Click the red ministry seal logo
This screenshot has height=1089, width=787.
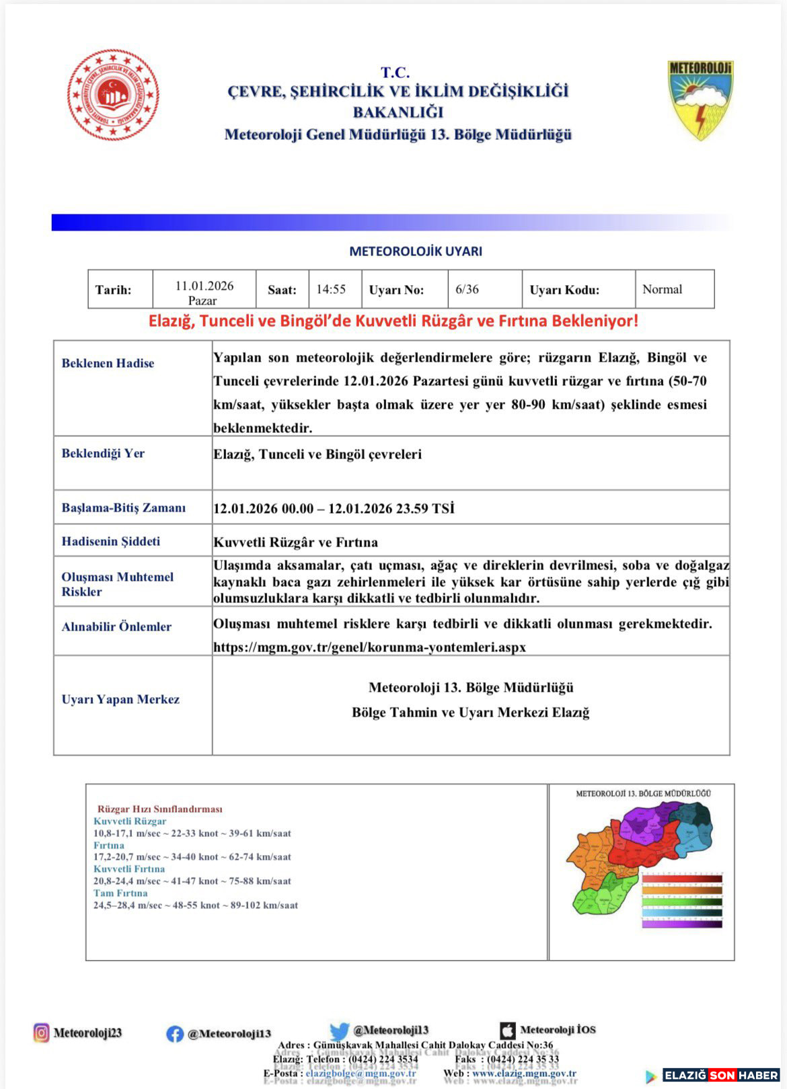click(112, 94)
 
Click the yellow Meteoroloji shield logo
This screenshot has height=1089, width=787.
click(700, 99)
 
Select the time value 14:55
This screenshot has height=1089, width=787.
click(331, 289)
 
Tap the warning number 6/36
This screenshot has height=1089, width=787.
click(467, 289)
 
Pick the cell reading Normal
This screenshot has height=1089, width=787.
click(662, 289)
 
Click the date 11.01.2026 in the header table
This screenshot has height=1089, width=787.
click(204, 286)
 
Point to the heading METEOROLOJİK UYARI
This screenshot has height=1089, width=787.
click(415, 251)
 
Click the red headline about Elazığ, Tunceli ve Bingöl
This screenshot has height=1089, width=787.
click(393, 321)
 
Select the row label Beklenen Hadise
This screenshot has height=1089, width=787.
click(108, 363)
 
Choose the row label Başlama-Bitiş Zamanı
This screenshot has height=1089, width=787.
click(123, 508)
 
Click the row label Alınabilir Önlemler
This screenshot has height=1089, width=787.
click(116, 627)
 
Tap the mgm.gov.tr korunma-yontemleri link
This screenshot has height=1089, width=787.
click(369, 647)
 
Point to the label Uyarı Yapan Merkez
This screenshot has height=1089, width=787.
click(120, 699)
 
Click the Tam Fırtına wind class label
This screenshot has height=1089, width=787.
click(120, 893)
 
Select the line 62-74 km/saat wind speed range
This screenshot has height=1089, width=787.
click(192, 857)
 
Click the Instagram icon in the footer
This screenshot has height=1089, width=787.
click(42, 1032)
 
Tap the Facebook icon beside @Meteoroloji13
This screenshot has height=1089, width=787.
click(175, 1033)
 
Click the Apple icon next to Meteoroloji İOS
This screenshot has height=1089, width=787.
click(508, 1030)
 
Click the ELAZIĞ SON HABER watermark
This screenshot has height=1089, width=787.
click(720, 1075)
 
